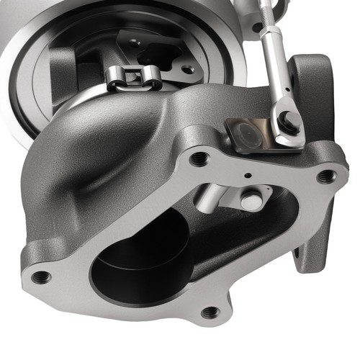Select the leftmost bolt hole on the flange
point(42,276)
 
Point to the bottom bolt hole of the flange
point(210,312)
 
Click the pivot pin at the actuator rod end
point(290,120)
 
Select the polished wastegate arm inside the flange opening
point(209,195)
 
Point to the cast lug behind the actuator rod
point(311,79)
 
